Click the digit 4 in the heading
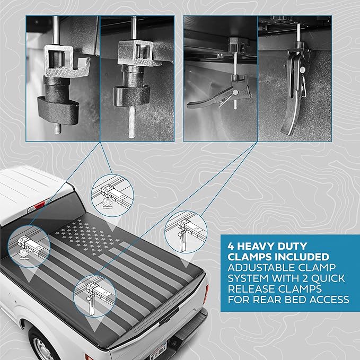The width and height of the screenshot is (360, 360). [231, 247]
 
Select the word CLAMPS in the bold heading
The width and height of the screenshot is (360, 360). [249, 257]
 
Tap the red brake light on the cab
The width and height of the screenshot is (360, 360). [39, 204]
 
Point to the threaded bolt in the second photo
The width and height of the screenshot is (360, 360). [131, 122]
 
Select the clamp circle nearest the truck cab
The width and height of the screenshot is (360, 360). [29, 246]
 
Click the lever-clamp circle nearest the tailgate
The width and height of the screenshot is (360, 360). [95, 296]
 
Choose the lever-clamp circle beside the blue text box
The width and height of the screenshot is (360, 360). [186, 232]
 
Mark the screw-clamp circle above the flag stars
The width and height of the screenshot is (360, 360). [112, 196]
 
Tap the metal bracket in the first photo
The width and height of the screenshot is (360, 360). [67, 61]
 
